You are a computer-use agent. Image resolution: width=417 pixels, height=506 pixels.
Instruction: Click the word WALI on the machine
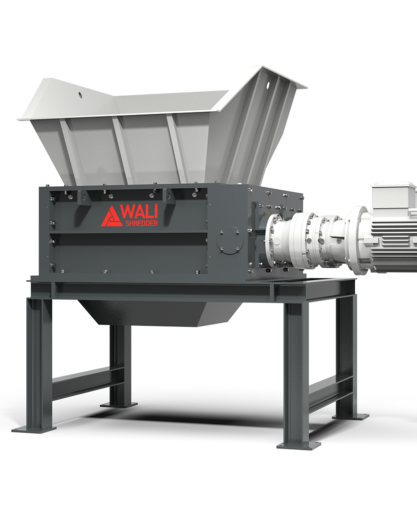(140, 212)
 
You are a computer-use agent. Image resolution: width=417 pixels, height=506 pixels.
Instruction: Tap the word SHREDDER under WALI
(141, 223)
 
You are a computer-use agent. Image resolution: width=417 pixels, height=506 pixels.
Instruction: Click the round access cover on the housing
(230, 240)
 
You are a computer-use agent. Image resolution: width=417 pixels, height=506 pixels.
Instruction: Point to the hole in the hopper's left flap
(80, 95)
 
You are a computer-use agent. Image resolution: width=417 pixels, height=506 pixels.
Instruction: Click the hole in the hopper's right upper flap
(268, 85)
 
